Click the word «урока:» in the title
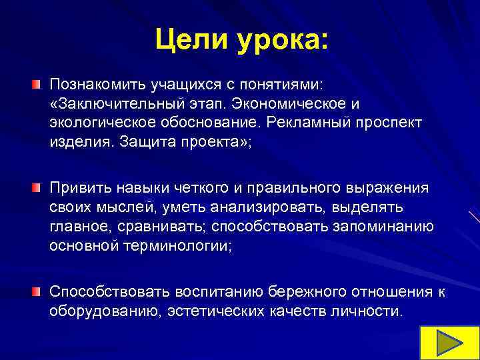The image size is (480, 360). [280, 41]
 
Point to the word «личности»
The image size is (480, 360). [369, 311]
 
